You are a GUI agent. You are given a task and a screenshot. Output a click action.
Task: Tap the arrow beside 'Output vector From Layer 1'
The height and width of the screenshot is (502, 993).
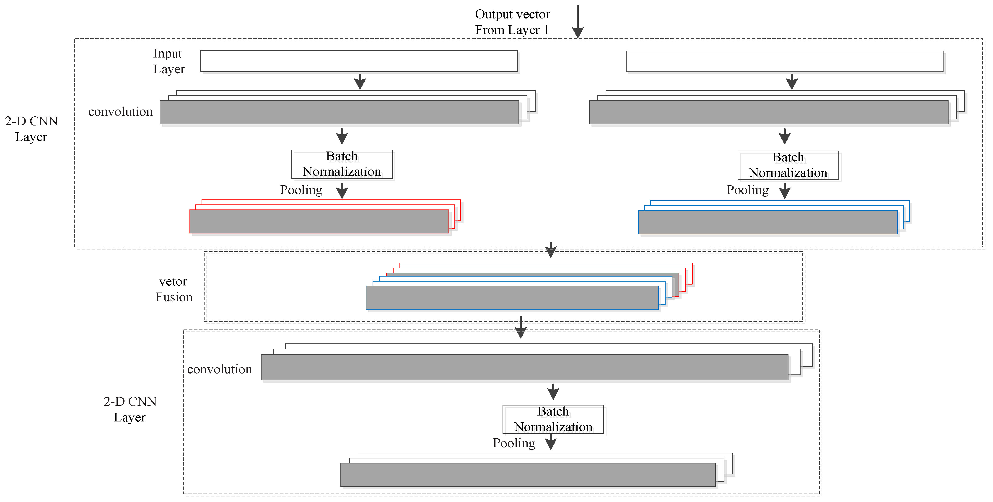tap(578, 22)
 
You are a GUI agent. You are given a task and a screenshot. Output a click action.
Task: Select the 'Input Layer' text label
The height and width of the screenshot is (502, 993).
tap(169, 61)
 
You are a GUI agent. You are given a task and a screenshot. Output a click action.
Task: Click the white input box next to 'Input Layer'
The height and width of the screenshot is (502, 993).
tap(358, 61)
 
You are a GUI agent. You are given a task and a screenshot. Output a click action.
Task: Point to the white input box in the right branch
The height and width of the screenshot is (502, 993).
tap(784, 61)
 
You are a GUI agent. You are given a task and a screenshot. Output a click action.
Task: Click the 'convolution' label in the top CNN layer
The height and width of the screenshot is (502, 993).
tap(120, 112)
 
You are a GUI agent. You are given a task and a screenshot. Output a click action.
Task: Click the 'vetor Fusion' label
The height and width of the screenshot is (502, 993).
tap(174, 289)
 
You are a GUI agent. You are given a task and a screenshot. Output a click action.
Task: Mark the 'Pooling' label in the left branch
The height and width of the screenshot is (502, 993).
tap(301, 190)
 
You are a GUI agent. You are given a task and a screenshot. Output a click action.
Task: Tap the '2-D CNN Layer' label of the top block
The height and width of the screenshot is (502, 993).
tap(31, 129)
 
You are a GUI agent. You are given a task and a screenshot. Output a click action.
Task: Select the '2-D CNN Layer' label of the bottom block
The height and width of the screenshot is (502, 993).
tap(130, 409)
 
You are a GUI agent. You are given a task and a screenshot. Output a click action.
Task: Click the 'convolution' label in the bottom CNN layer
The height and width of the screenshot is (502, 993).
tap(219, 369)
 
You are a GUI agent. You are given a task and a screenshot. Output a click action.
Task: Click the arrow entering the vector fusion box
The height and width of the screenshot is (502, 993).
tap(551, 250)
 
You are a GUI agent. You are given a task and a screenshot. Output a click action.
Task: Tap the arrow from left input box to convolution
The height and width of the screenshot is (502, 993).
tap(360, 82)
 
